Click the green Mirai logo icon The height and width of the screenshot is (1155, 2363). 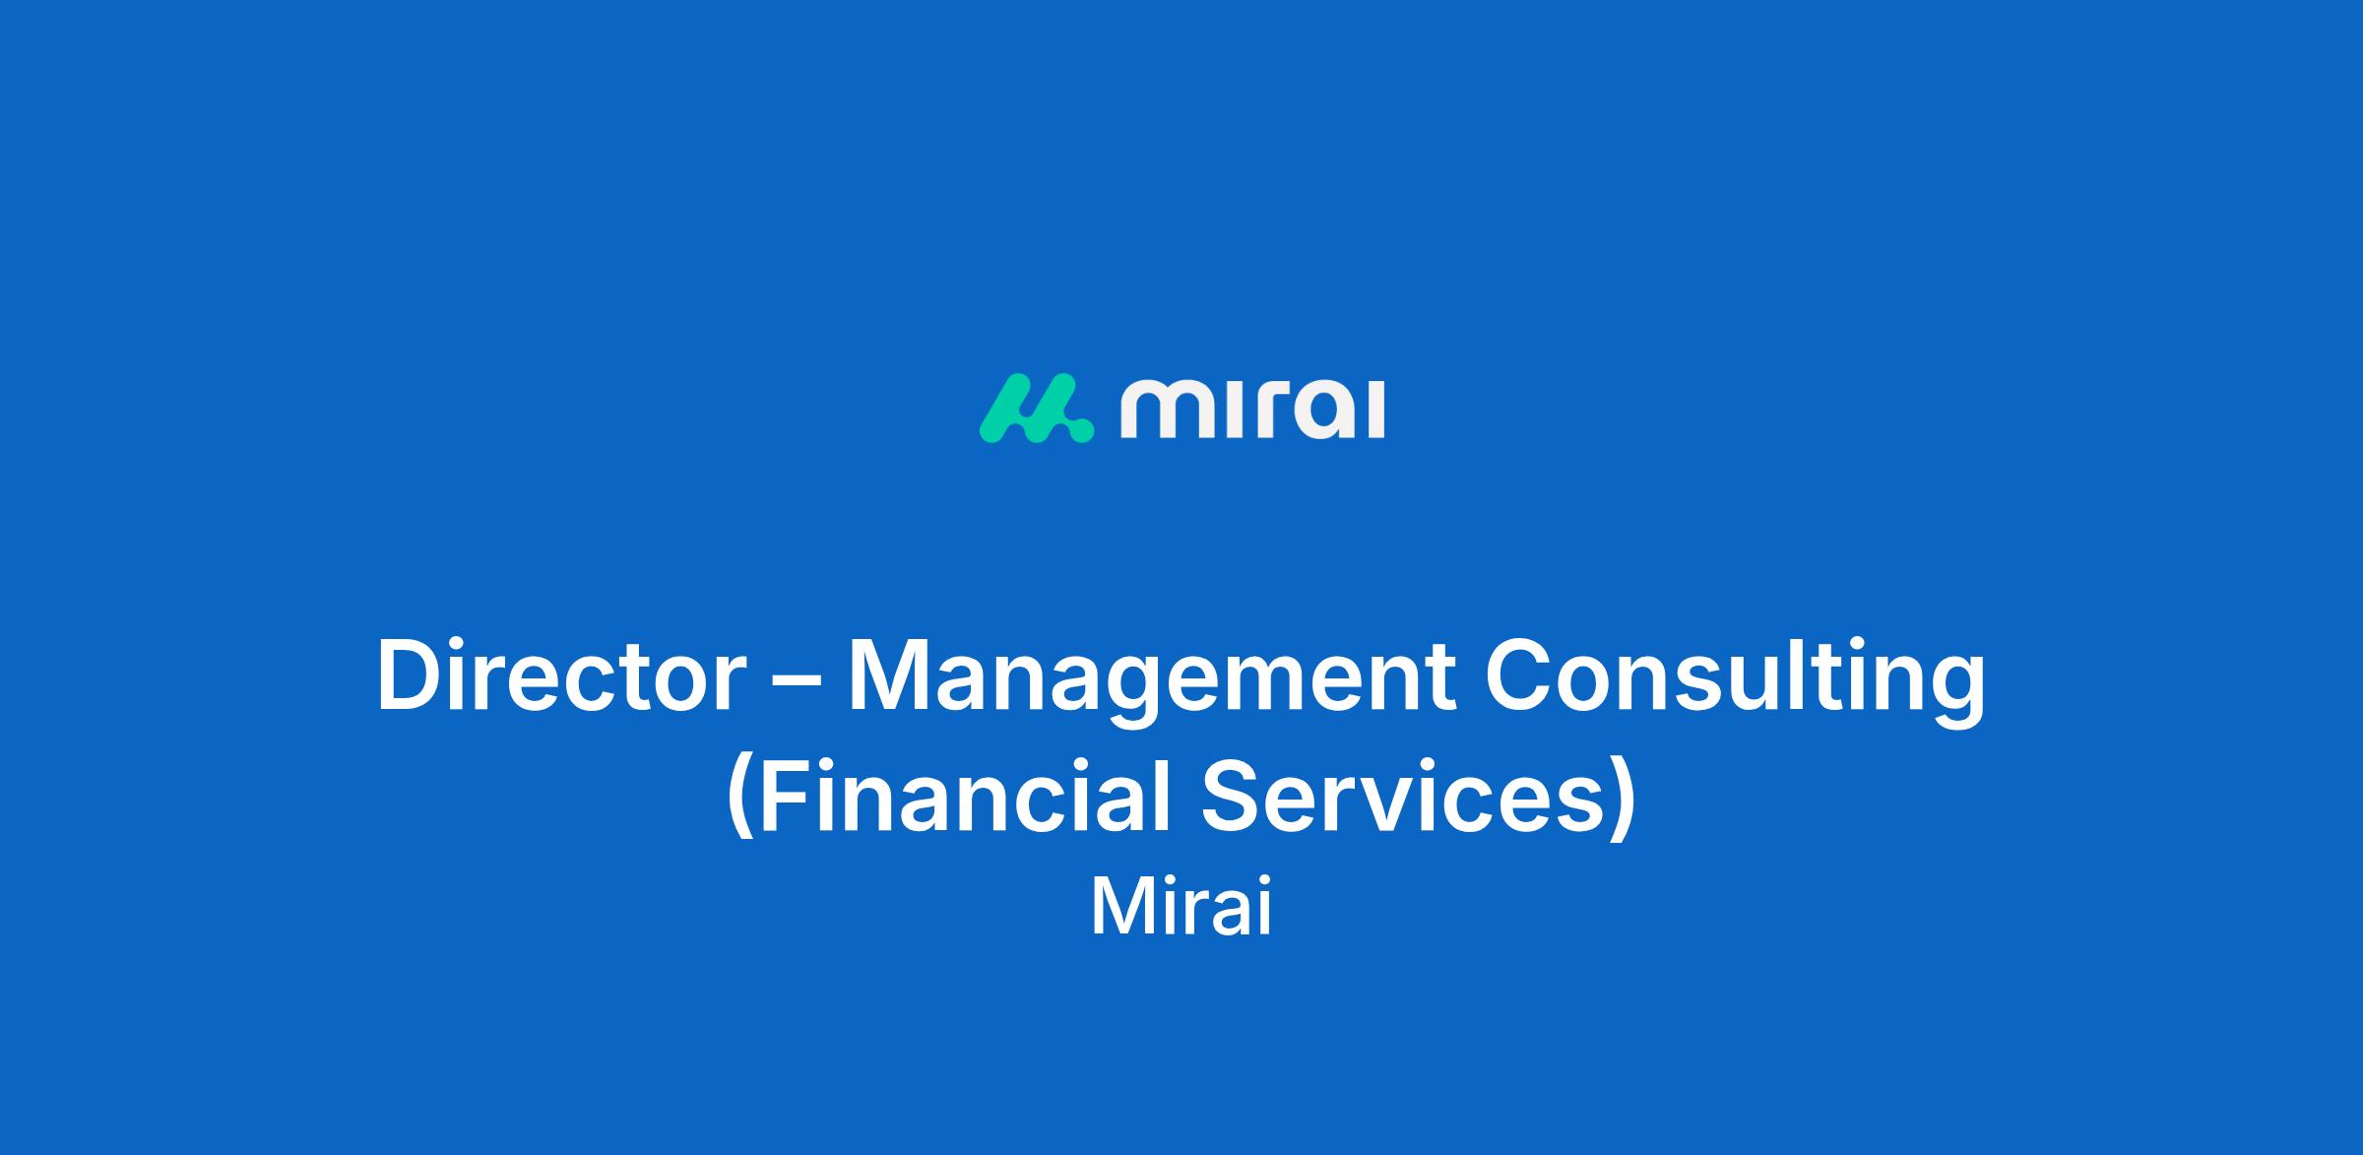tap(1036, 409)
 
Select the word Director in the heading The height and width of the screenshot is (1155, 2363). tap(559, 676)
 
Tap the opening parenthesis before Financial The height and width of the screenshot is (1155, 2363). tap(739, 799)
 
